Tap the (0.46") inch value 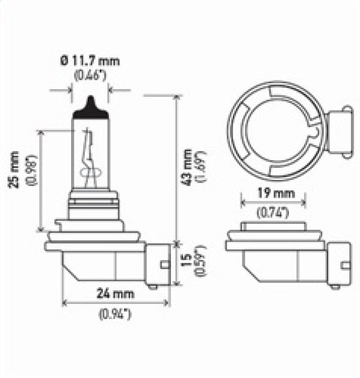point(90,76)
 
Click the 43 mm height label point(187,167)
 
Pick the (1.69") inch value point(201,167)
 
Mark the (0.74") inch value point(273,213)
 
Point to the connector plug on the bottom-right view point(338,263)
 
